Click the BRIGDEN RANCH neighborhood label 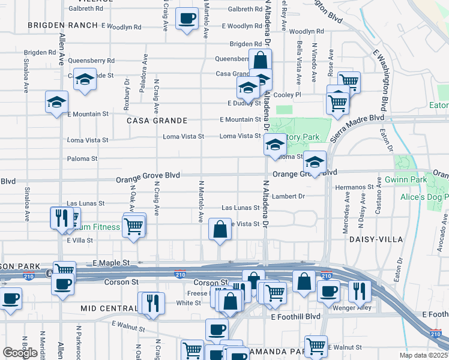coord(62,25)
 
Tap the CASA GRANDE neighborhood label coord(154,120)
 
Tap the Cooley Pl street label coord(287,95)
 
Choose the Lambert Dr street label coord(289,196)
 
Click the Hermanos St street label coord(355,187)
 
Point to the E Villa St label coord(80,240)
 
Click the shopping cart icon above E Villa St coord(134,225)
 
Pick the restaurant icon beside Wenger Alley coord(359,290)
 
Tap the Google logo coord(20,353)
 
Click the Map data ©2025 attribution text coord(424,355)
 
